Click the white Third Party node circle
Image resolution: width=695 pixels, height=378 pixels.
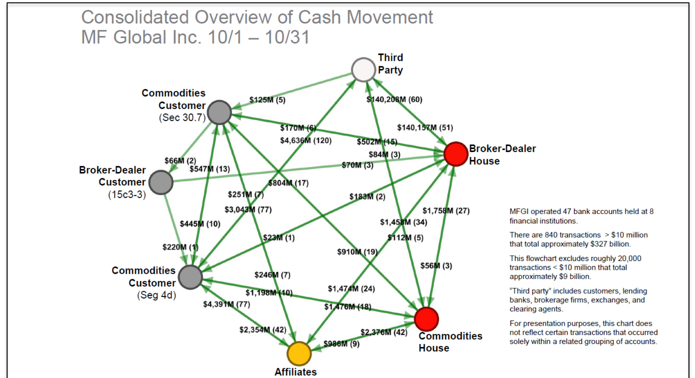(363, 69)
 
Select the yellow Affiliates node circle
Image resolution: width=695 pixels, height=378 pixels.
(299, 353)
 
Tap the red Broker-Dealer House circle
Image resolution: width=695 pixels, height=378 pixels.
(456, 154)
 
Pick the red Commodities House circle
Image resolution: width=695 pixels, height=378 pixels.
(426, 319)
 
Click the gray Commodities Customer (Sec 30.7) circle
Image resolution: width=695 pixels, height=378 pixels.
(219, 112)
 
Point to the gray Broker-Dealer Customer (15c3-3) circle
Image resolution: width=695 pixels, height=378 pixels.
(161, 182)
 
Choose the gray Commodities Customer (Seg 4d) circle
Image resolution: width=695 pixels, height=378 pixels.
(190, 277)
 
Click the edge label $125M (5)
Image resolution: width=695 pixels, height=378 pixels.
(267, 100)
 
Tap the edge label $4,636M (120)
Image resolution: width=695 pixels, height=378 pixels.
(305, 140)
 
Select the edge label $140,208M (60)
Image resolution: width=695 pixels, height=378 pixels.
(394, 100)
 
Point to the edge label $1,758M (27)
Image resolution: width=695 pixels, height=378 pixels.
(446, 211)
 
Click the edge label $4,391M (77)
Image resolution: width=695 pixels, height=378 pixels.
(226, 304)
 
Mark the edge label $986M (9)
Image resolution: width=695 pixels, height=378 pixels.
(341, 344)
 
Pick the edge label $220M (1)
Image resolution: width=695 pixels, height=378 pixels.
(180, 247)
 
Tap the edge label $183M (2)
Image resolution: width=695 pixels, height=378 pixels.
(367, 197)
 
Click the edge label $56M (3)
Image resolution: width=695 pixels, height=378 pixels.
(436, 266)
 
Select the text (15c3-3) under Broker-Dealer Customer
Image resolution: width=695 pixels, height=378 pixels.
(127, 195)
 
